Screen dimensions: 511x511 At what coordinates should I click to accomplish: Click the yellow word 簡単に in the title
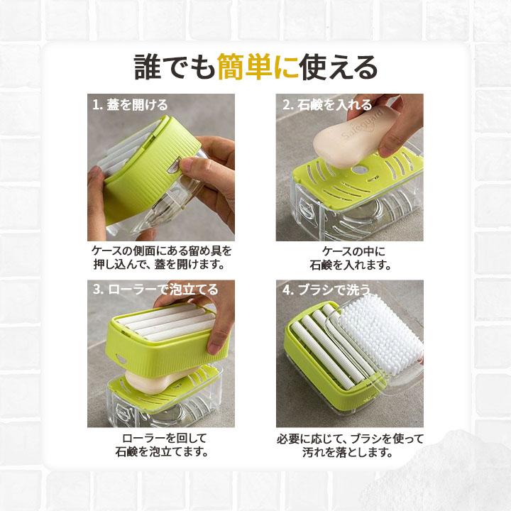pyautogui.click(x=258, y=67)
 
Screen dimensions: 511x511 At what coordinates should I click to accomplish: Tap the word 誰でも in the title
pyautogui.click(x=175, y=67)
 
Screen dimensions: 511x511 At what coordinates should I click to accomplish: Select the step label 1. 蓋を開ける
pyautogui.click(x=131, y=105)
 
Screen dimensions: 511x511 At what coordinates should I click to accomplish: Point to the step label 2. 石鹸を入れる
pyautogui.click(x=327, y=105)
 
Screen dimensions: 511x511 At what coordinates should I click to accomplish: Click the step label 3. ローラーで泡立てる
pyautogui.click(x=155, y=290)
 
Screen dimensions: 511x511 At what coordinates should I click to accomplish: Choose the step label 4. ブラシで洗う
pyautogui.click(x=326, y=290)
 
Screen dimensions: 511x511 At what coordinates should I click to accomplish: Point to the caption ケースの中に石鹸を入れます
pyautogui.click(x=351, y=258)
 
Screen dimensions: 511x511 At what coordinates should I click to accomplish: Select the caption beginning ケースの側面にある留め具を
pyautogui.click(x=161, y=258)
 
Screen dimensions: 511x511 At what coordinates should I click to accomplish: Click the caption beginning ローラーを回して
pyautogui.click(x=162, y=445)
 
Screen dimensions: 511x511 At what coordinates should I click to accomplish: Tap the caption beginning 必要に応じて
pyautogui.click(x=349, y=445)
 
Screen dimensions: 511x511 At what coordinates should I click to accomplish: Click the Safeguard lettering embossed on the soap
pyautogui.click(x=363, y=124)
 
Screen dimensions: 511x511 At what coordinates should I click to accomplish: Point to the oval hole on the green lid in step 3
pyautogui.click(x=121, y=359)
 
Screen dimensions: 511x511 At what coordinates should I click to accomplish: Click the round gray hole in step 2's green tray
pyautogui.click(x=359, y=170)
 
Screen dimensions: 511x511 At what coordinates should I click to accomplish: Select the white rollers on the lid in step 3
pyautogui.click(x=165, y=323)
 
